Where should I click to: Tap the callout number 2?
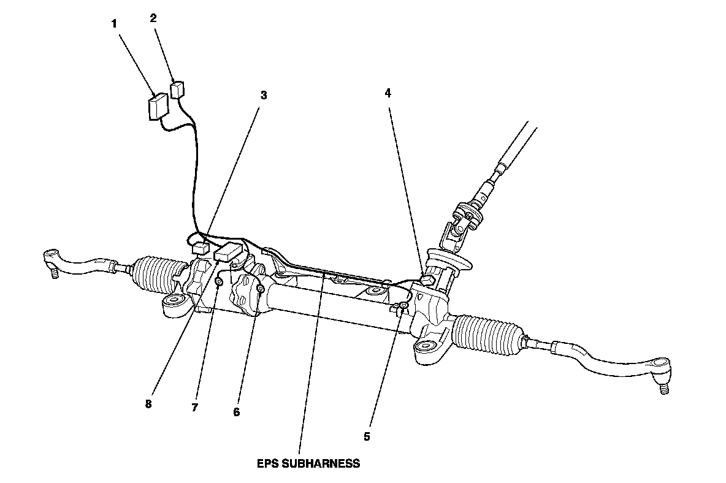click(x=153, y=18)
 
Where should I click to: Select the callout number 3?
click(x=263, y=95)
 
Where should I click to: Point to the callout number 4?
click(x=388, y=93)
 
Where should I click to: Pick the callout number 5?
click(x=367, y=436)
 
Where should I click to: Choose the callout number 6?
click(x=236, y=412)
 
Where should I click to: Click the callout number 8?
click(x=148, y=405)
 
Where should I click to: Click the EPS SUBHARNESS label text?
click(x=308, y=463)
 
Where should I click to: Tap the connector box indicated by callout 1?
click(x=159, y=106)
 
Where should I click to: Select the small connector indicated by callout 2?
click(x=177, y=89)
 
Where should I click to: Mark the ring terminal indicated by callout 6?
click(x=260, y=288)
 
